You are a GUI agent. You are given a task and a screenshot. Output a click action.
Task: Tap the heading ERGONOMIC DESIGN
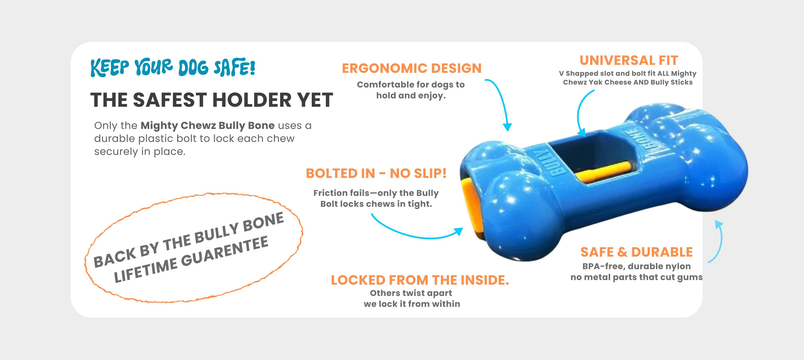[x=412, y=68]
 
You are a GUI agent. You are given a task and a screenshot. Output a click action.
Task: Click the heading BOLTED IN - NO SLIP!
[x=376, y=174]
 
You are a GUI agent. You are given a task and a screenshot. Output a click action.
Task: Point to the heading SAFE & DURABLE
[x=636, y=252]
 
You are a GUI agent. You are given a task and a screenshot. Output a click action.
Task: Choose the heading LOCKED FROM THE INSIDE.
[x=420, y=280]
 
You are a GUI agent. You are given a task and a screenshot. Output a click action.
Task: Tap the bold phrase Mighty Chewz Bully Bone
[x=207, y=125]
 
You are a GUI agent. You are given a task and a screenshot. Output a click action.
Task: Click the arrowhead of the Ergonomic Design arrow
[x=508, y=127]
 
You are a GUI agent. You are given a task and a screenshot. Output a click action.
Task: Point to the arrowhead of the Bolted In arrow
[x=459, y=231]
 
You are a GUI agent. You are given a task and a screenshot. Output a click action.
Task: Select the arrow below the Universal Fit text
[x=578, y=114]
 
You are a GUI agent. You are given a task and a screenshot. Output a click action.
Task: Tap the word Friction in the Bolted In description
[x=331, y=193]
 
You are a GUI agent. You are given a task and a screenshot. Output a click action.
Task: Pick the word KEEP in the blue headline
[x=110, y=68]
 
